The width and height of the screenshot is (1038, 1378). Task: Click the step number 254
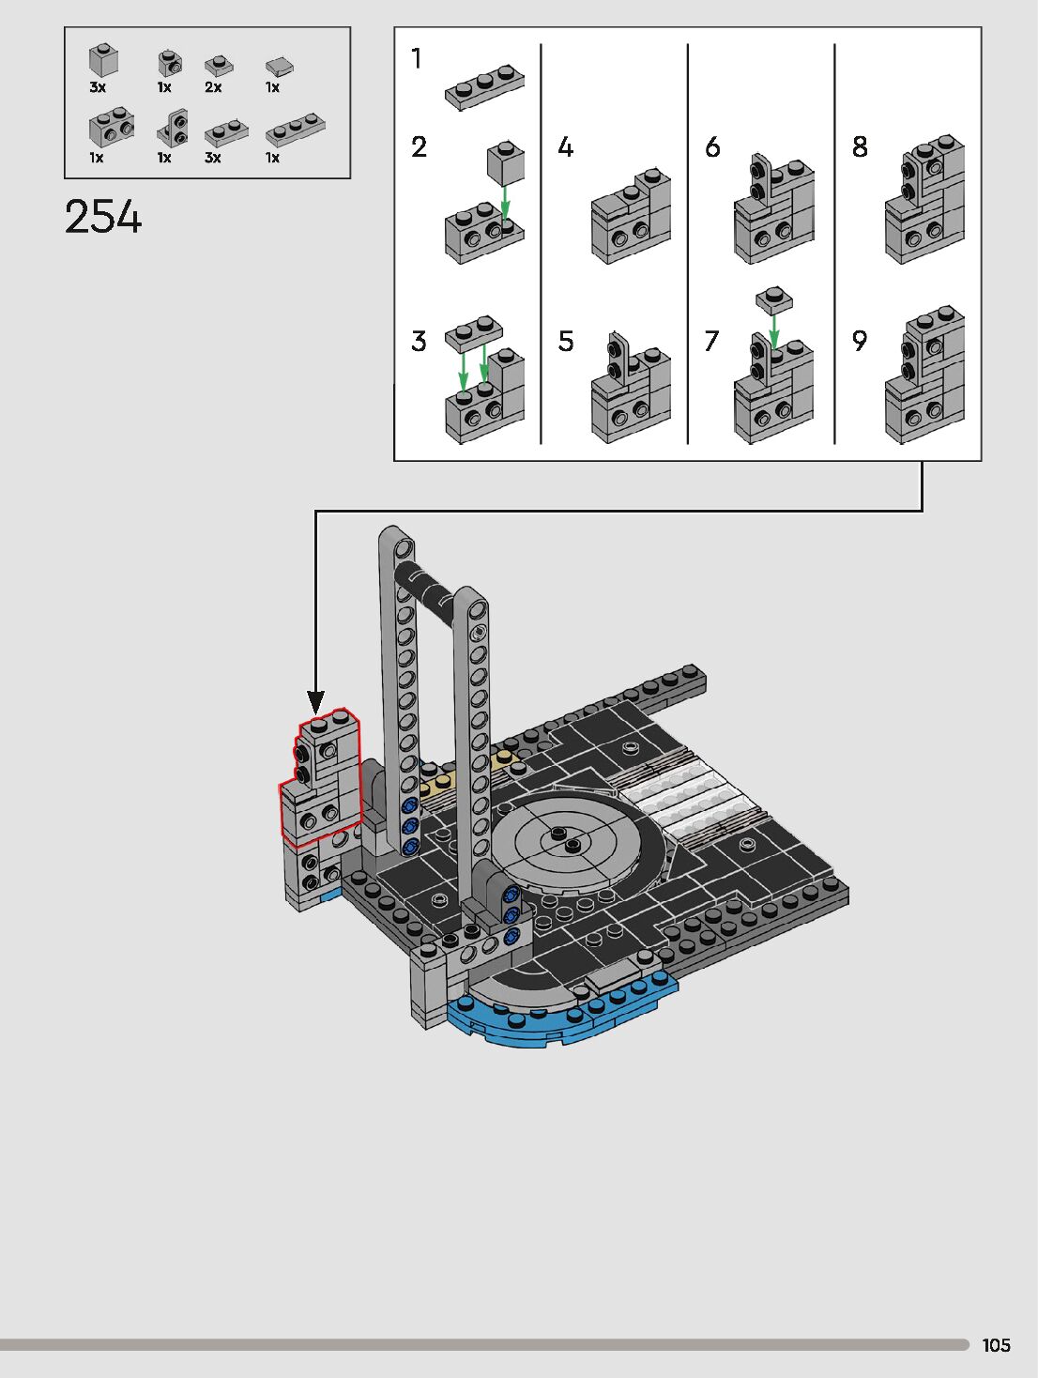point(103,217)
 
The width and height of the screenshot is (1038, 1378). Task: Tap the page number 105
point(996,1345)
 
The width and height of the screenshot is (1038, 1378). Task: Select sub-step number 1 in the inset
point(416,58)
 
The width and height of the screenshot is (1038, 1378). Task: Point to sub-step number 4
point(565,147)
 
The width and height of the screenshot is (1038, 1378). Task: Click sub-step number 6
point(712,147)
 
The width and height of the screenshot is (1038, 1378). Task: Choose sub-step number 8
point(860,147)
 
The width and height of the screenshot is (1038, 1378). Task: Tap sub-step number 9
point(860,341)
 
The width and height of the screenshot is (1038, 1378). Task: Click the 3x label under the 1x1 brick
point(98,87)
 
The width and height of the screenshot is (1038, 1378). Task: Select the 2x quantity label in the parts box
point(213,87)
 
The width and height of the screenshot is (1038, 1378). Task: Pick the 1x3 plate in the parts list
point(295,130)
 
